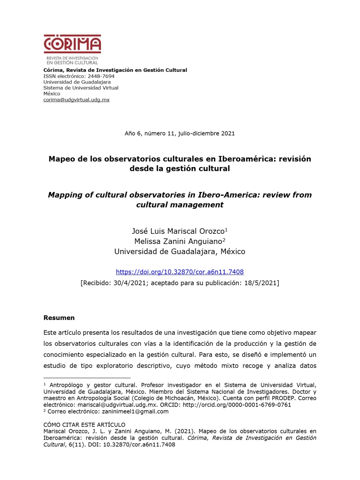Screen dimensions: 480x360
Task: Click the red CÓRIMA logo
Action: (72, 44)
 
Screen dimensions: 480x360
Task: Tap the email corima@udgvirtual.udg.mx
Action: (76, 100)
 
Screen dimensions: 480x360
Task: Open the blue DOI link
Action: (180, 272)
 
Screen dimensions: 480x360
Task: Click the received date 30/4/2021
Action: (129, 283)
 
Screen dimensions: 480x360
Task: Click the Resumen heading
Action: (59, 318)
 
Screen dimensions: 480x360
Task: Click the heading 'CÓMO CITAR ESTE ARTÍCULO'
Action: (84, 425)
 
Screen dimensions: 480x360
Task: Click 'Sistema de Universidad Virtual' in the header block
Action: (81, 88)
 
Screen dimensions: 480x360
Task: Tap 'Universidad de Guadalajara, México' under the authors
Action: (180, 251)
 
